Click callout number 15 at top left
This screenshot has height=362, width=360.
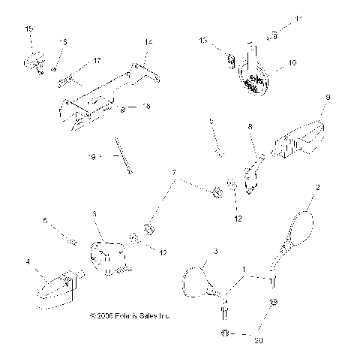coord(29,29)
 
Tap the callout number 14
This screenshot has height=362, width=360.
coord(148,42)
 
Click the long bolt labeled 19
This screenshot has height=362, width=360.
coord(124,155)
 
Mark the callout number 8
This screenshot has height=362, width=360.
coord(251,128)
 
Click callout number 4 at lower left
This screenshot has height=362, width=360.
coord(28,261)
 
